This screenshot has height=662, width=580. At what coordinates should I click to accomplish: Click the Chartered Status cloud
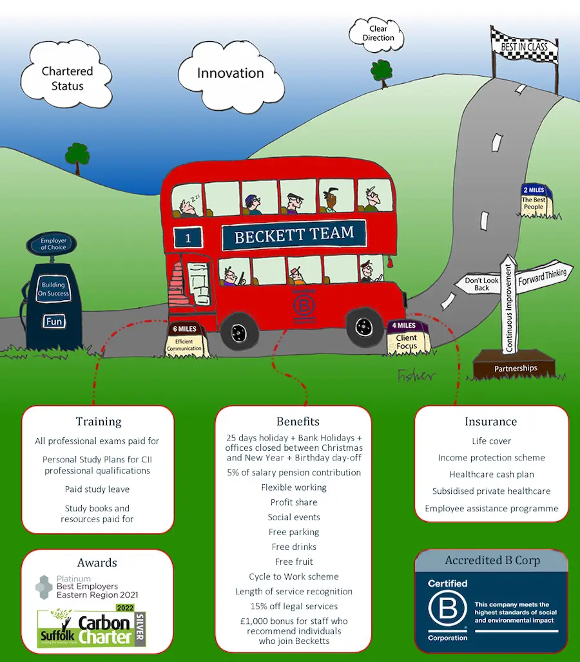(67, 77)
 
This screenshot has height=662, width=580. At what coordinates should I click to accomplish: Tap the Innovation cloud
(230, 73)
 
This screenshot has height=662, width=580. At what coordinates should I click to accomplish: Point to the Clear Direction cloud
(378, 33)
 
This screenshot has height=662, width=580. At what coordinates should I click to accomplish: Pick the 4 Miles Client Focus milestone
(406, 337)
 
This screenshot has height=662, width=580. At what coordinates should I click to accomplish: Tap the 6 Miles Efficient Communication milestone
(184, 339)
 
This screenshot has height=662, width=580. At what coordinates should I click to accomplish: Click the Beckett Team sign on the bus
(294, 236)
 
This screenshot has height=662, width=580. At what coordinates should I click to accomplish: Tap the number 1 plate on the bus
(188, 238)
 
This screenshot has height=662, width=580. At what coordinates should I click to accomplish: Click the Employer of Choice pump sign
(53, 244)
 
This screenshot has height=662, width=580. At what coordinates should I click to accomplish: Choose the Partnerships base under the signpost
(515, 368)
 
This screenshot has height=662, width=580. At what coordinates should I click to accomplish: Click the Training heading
(99, 422)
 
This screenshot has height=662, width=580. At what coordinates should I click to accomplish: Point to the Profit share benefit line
(294, 502)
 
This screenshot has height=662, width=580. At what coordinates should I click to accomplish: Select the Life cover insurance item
(491, 441)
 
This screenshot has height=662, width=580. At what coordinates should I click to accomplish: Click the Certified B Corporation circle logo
(447, 610)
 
